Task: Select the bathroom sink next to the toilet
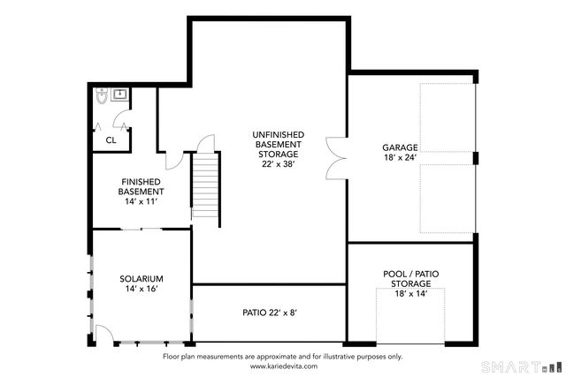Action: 117,93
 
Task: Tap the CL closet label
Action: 111,139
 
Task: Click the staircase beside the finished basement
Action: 205,188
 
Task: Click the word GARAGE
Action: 400,147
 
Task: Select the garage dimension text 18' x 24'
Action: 400,157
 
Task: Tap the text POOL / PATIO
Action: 411,274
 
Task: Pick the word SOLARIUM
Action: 141,279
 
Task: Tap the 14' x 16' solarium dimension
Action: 141,290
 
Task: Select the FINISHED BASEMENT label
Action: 141,186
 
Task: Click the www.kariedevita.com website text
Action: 282,365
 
